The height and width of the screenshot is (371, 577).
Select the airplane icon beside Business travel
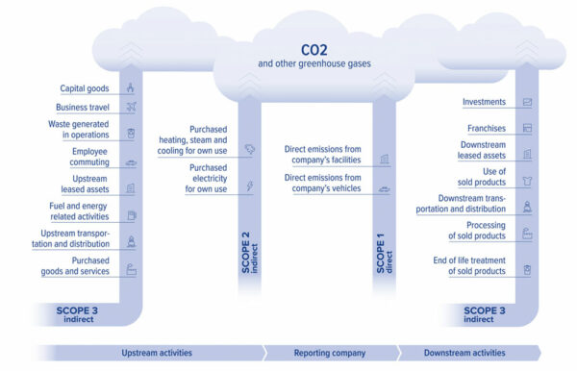pyautogui.click(x=131, y=107)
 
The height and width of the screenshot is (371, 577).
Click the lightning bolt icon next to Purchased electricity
pyautogui.click(x=250, y=186)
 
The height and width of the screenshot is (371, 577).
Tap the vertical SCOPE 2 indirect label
pyautogui.click(x=249, y=252)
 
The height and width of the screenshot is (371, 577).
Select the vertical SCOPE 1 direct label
pyautogui.click(x=384, y=252)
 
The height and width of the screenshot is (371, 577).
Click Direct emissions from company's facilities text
pyautogui.click(x=322, y=155)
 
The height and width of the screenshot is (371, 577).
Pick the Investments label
pyautogui.click(x=485, y=102)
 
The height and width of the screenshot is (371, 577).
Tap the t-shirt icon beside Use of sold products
pyautogui.click(x=526, y=179)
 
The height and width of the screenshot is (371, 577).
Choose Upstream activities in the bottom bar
pyautogui.click(x=157, y=353)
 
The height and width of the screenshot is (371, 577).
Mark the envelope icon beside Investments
pyautogui.click(x=526, y=102)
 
